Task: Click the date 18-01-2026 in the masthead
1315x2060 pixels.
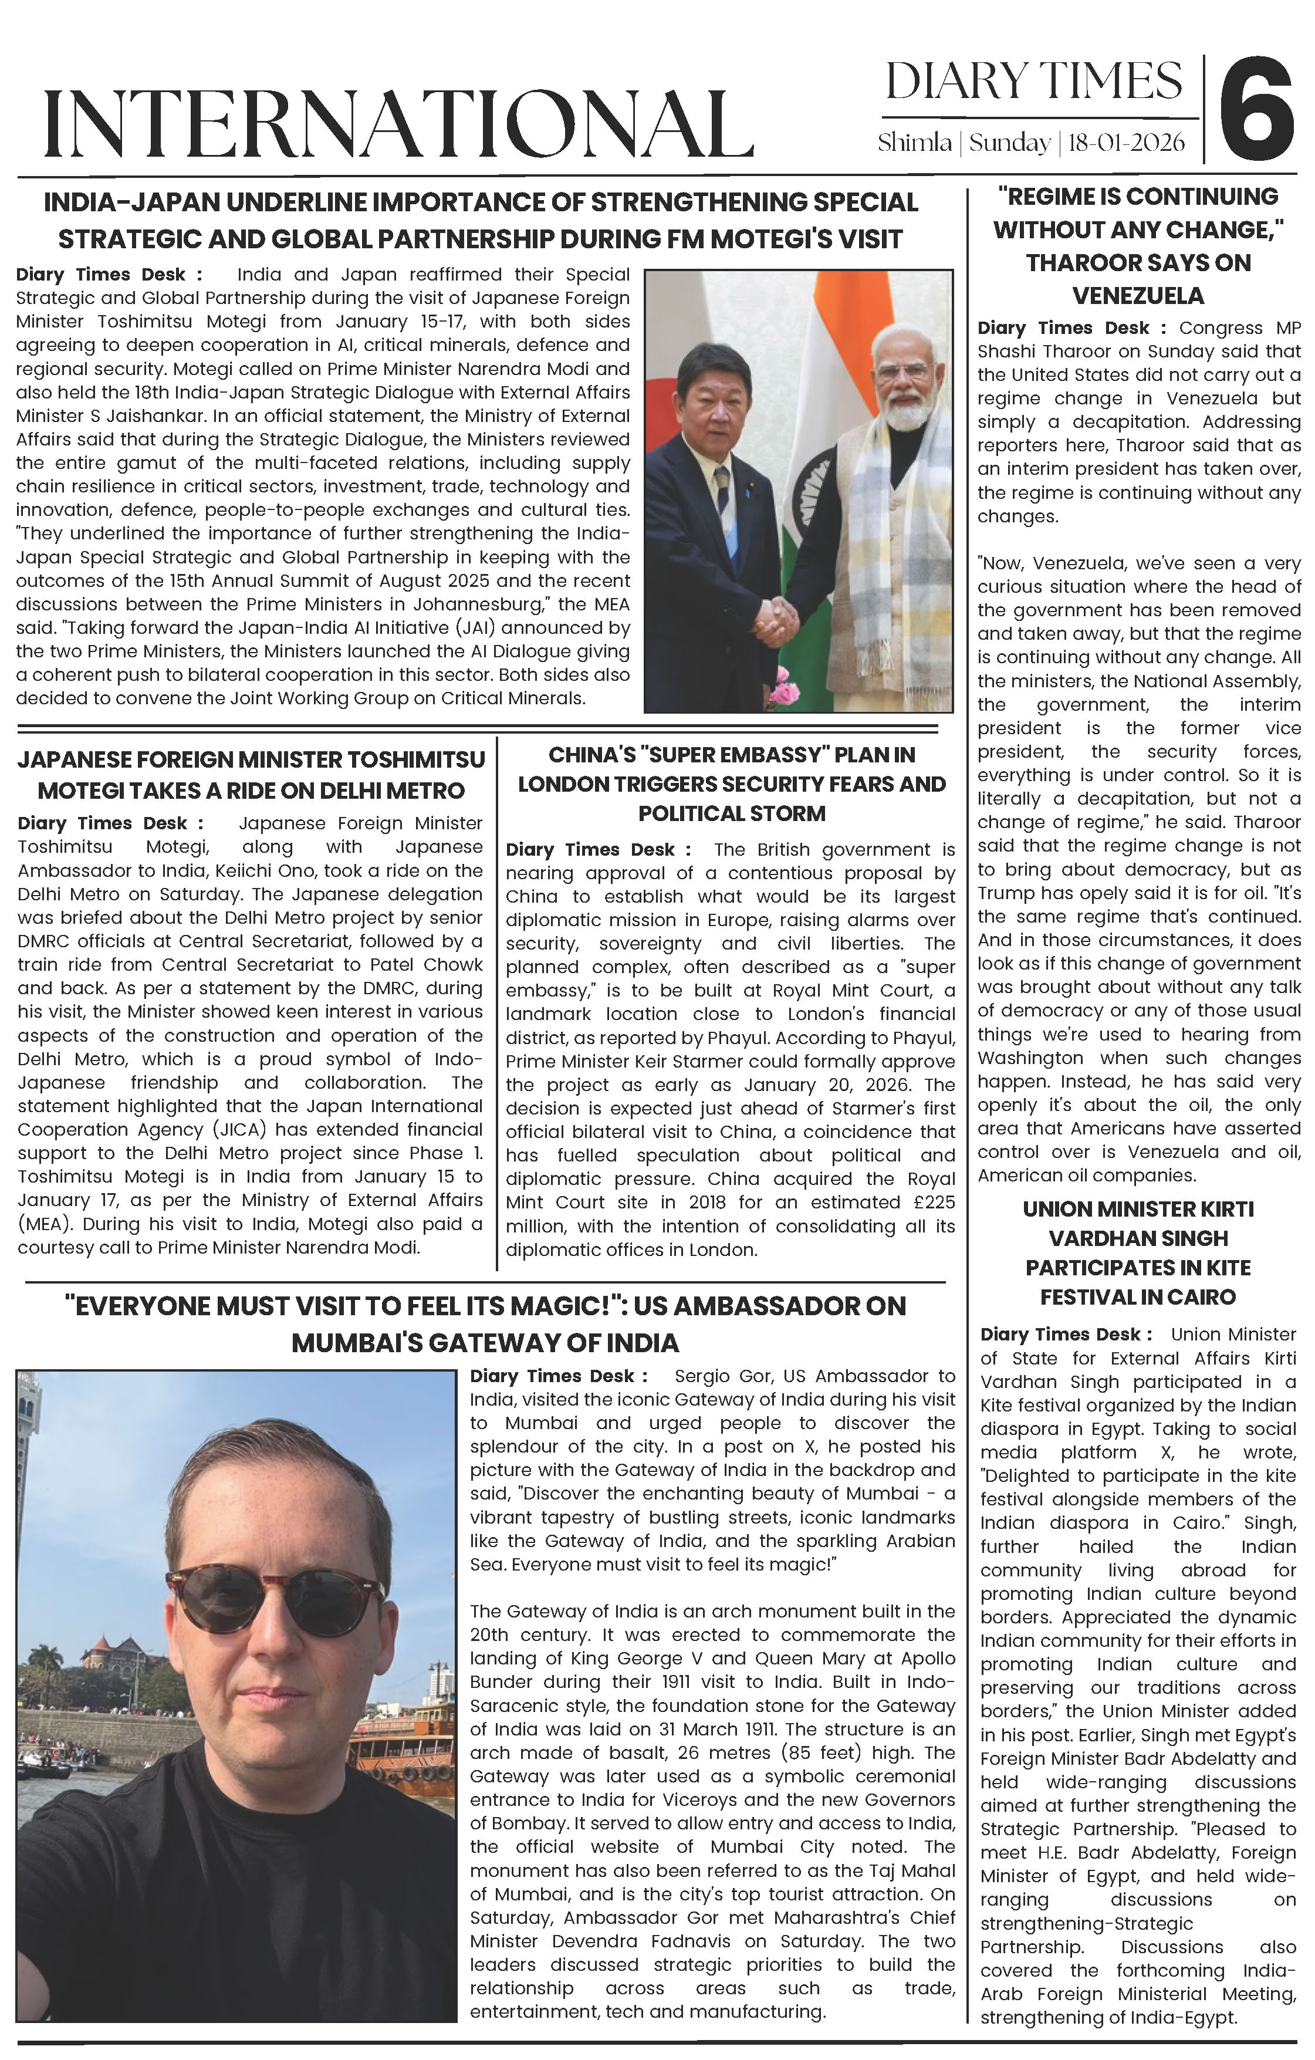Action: (x=1127, y=142)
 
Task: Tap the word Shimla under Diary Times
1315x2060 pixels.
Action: (x=914, y=142)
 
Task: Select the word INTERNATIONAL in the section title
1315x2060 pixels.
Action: (x=398, y=124)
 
